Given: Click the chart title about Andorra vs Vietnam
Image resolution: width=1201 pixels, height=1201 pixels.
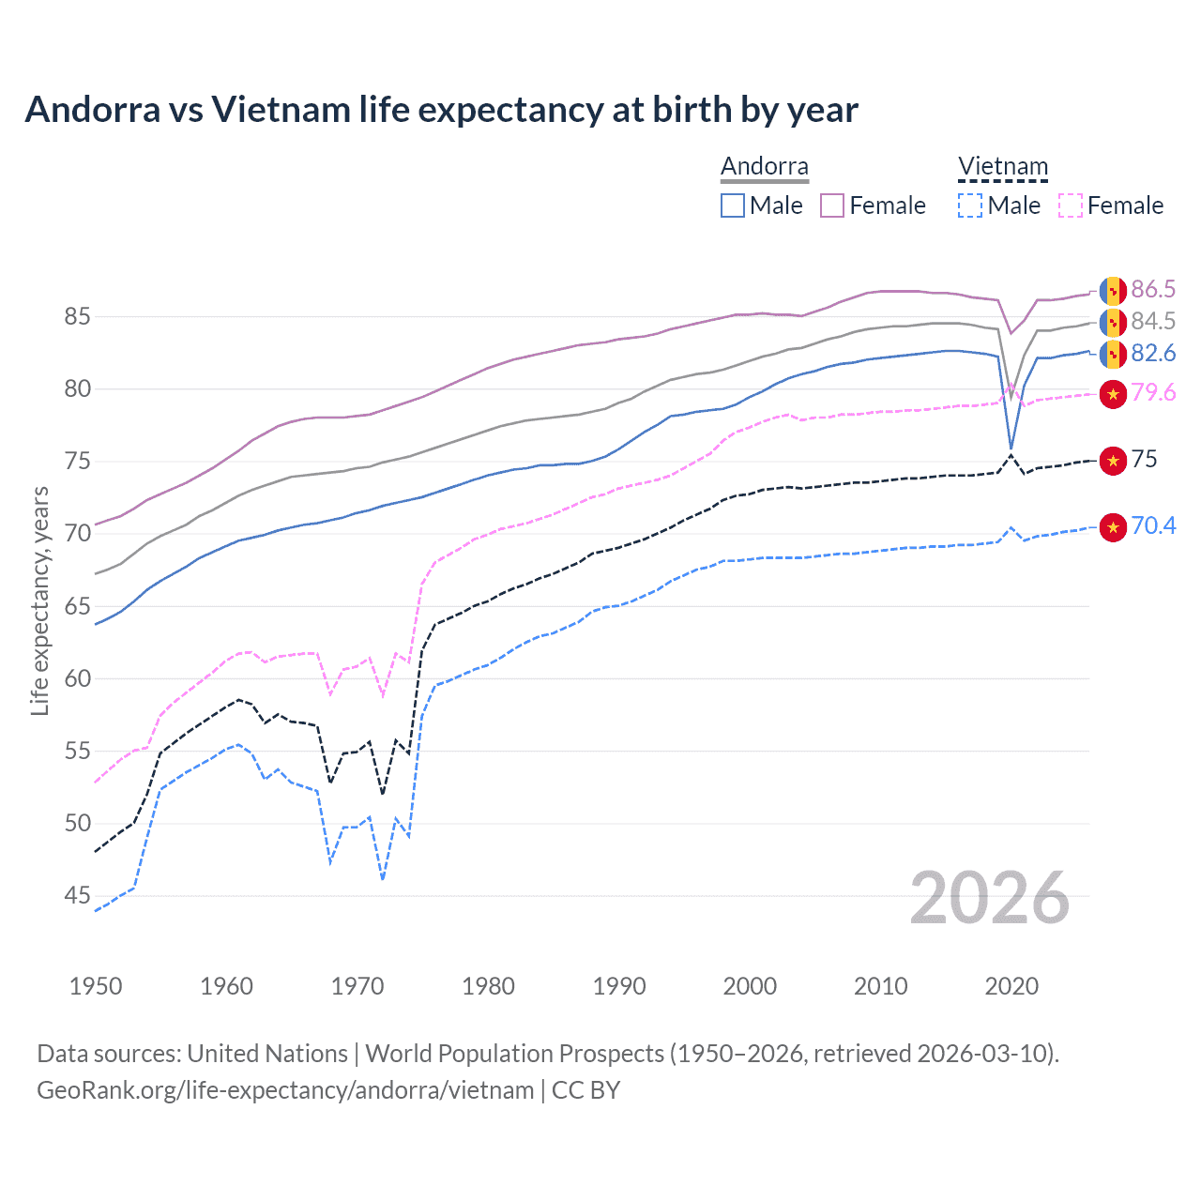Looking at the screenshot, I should click(441, 110).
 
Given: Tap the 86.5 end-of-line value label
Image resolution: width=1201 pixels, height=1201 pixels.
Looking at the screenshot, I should click(1153, 289).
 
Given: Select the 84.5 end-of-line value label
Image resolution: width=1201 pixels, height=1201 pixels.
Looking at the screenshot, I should click(1153, 321).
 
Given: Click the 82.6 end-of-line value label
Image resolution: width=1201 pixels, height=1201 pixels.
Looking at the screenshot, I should click(1153, 353).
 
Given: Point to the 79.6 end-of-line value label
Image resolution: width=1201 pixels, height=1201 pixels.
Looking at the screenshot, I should click(1153, 392).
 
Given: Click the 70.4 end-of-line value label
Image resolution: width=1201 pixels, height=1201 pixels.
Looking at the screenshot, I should click(1153, 525).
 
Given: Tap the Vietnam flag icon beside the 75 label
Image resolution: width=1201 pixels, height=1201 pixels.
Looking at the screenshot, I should click(1113, 460).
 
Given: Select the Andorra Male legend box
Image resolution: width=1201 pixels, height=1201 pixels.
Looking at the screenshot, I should click(733, 205).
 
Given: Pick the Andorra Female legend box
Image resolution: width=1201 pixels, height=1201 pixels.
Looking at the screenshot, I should click(832, 205).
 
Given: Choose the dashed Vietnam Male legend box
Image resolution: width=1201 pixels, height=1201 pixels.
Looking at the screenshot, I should click(970, 205).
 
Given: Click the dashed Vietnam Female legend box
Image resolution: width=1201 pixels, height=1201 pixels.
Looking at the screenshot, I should click(1071, 205).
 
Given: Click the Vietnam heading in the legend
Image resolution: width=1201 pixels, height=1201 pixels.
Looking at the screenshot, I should click(1002, 166).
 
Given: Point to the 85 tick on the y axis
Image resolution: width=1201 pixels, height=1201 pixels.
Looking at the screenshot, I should click(77, 316).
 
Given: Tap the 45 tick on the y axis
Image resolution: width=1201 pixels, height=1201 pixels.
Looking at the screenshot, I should click(77, 895).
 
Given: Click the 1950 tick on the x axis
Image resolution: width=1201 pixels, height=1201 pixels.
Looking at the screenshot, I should click(96, 986).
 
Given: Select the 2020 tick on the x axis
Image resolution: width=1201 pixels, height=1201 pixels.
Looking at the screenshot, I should click(1011, 986).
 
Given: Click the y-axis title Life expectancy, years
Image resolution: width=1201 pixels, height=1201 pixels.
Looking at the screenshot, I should click(40, 600).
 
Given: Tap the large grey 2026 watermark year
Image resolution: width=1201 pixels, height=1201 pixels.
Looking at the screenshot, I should click(989, 898).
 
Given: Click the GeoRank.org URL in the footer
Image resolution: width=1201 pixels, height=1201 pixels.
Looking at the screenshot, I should click(285, 1090).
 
